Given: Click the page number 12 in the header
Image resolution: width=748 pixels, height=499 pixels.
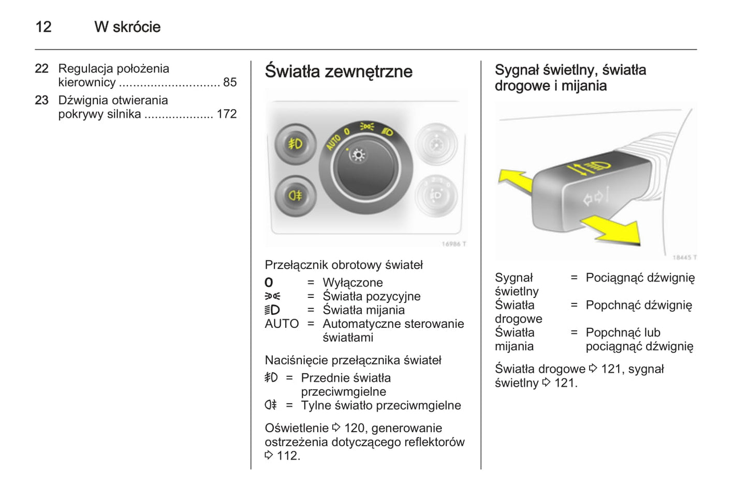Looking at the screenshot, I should pos(43,27).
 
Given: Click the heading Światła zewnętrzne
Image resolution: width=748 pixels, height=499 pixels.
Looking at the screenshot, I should pos(339,71).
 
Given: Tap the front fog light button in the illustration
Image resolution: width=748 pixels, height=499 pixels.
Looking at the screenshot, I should pos(295,144).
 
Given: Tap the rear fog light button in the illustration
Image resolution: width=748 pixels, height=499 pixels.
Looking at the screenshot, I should pos(295,195).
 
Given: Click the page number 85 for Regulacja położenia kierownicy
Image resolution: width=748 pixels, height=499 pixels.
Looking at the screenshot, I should pos(230,82).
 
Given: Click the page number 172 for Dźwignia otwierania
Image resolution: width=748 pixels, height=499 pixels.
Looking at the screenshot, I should pos(226,114).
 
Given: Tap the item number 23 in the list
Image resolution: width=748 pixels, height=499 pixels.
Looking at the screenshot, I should pos(42,100).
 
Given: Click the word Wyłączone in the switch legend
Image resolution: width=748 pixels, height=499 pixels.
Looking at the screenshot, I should pos(353,283).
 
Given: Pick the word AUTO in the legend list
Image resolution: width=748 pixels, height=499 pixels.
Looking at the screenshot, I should pos(282,324).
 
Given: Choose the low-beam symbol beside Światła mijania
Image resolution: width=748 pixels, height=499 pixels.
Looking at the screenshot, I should pos(272,310).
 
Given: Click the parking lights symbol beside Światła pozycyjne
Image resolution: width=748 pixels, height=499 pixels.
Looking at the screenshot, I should pos(272,296).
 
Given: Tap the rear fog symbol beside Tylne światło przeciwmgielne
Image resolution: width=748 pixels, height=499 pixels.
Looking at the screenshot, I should pos(271,405).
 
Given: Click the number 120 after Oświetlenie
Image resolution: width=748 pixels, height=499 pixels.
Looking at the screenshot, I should pos(354,428).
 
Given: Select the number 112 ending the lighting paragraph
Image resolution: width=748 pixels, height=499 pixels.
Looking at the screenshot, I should pos(288,456).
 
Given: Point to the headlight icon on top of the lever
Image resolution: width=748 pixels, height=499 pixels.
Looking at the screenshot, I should pos(599,167).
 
